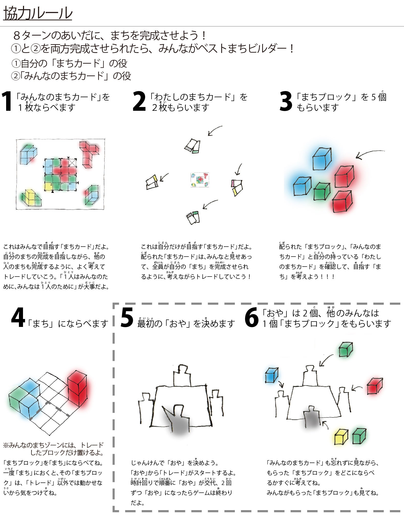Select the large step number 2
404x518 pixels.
click(139, 102)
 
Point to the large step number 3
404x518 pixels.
click(286, 102)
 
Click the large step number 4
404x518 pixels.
click(18, 318)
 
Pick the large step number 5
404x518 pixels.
click(127, 318)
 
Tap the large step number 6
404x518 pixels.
click(252, 318)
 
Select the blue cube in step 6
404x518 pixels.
click(272, 375)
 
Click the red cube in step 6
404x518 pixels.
click(375, 386)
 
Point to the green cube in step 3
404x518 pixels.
click(322, 191)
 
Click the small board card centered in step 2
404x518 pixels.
click(200, 180)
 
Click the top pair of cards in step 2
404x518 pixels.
click(192, 146)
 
